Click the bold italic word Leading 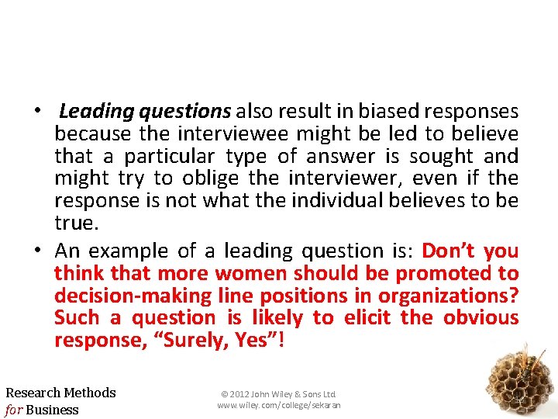[97, 112]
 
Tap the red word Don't [449, 251]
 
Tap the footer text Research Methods [60, 393]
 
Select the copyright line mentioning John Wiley [278, 395]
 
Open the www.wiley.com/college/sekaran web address [278, 405]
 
